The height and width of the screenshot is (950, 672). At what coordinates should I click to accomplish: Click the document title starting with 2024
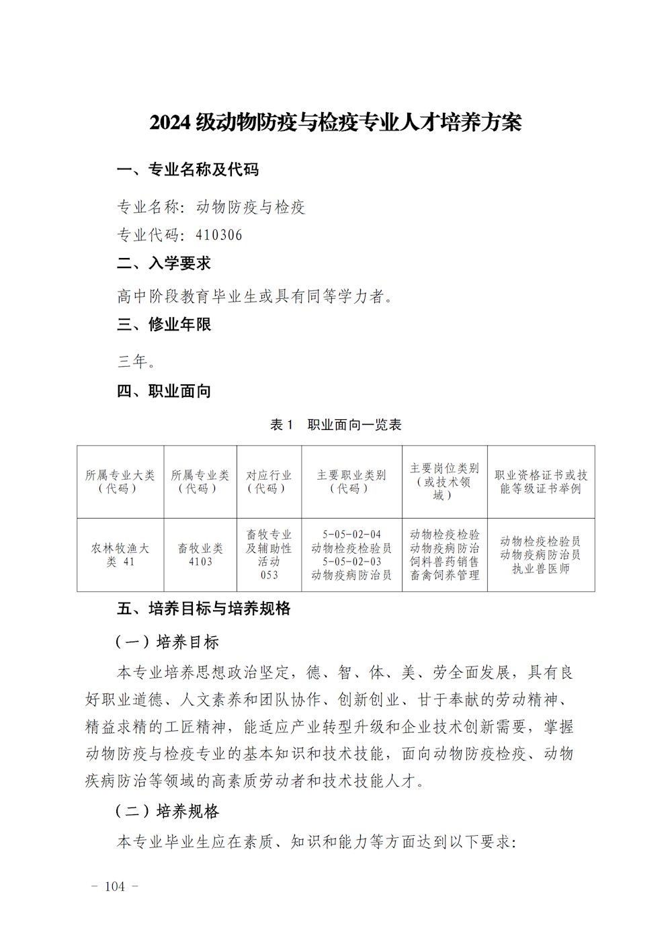click(x=335, y=123)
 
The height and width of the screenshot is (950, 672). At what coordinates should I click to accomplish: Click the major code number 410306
click(x=218, y=235)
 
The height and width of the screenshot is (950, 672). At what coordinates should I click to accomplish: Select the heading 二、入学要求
click(x=164, y=263)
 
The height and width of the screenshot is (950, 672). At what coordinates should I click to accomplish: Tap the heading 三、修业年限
click(x=164, y=325)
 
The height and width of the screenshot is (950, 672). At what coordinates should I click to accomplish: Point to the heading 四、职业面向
click(x=164, y=391)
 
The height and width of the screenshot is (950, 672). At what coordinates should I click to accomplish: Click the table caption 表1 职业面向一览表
click(x=335, y=425)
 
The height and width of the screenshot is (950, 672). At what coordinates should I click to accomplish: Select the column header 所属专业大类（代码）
click(x=120, y=482)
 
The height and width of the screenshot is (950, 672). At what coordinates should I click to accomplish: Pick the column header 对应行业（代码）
click(x=269, y=482)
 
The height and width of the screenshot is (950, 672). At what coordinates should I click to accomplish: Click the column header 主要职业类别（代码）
click(x=351, y=482)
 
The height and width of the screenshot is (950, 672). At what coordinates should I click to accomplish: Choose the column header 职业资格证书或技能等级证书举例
click(x=541, y=482)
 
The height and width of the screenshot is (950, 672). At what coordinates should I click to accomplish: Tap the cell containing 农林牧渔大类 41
click(x=120, y=555)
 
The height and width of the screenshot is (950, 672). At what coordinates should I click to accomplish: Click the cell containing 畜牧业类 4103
click(x=200, y=555)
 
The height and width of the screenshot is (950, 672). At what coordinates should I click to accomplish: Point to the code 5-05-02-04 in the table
click(x=351, y=535)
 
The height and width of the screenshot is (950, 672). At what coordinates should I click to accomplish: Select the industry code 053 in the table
click(x=269, y=575)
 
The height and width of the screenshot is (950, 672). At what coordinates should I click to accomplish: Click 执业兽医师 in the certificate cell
click(x=541, y=569)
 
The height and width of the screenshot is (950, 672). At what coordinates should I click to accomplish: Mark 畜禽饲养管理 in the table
click(x=445, y=575)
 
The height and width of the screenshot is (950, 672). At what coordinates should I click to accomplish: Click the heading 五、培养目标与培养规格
click(x=204, y=609)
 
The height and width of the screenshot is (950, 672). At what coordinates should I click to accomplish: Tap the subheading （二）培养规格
click(x=167, y=812)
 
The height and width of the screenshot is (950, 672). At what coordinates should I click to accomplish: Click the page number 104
click(x=115, y=887)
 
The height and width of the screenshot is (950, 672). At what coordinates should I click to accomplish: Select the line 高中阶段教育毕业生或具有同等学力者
click(x=255, y=296)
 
